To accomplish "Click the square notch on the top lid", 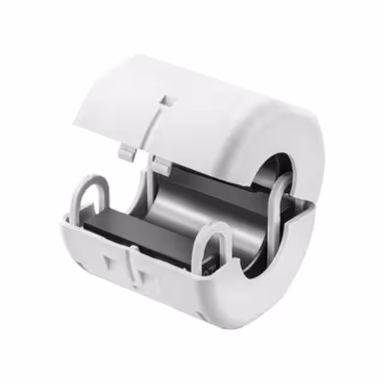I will [x=169, y=99].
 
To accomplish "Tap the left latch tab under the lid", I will [x=126, y=152].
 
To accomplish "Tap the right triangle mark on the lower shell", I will [x=143, y=277].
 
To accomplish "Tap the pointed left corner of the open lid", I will [x=76, y=124].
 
